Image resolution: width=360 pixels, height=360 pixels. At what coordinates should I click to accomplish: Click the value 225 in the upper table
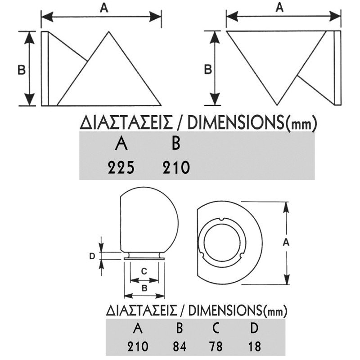[x=121, y=167]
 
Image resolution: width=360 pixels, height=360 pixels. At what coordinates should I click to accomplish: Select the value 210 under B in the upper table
[x=176, y=167]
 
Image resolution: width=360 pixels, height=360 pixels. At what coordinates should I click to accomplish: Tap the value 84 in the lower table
[x=180, y=346]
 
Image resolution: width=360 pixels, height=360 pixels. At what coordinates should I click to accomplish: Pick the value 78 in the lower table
[x=216, y=346]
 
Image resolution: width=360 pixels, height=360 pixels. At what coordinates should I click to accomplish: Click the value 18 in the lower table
[x=254, y=346]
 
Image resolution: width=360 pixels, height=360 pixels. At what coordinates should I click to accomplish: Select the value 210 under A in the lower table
[x=138, y=346]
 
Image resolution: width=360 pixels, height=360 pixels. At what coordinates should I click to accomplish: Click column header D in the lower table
[x=254, y=328]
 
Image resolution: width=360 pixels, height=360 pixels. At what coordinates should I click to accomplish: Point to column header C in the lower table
[x=216, y=328]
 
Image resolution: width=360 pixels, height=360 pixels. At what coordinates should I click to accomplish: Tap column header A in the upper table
[x=121, y=144]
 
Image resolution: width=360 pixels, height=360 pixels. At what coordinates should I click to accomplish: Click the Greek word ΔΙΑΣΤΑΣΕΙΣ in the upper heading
[x=126, y=122]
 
